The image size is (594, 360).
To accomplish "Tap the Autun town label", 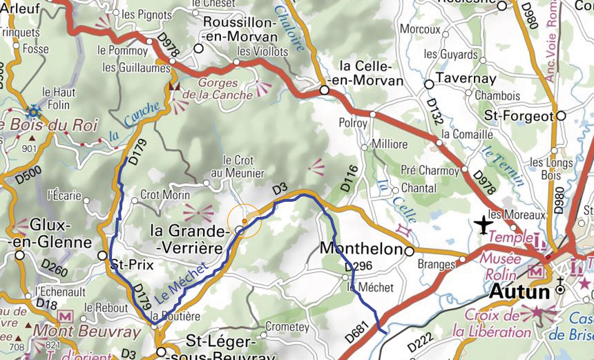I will coord(519,291).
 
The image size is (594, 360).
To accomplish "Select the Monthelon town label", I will coord(361,249).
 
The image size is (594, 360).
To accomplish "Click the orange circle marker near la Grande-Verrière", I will coord(245,221).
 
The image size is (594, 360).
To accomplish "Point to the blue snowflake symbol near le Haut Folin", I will coord(32,111).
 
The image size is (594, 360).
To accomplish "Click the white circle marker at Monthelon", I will coord(409,251).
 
